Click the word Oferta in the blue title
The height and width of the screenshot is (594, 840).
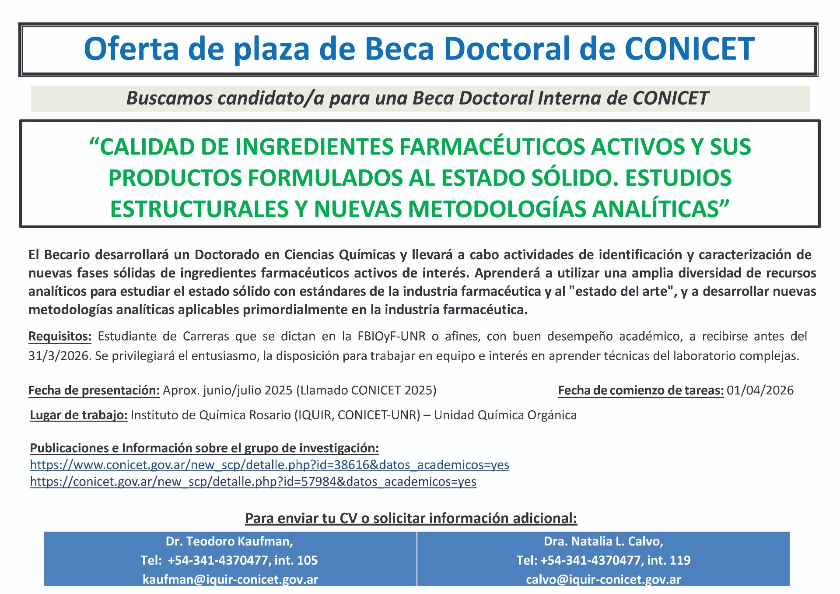pos(131,48)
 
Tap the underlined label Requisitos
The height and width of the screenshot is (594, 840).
pos(60,336)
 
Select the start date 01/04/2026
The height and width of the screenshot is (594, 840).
pos(760,390)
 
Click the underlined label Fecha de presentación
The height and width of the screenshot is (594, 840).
pos(94,390)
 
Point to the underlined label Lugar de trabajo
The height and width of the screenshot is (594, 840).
pos(79,415)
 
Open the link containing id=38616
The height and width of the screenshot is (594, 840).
pos(269,464)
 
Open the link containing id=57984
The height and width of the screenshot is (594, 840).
pos(253,482)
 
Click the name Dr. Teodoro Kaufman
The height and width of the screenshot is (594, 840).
pos(229,541)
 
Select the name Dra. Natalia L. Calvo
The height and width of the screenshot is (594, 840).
pos(603,541)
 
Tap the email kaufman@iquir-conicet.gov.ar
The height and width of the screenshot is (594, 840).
pos(230,580)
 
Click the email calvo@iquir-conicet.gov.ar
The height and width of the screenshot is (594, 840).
pos(603,580)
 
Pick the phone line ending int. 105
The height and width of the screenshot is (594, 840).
pos(229,560)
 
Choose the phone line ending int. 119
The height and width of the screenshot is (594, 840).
pos(603,560)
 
